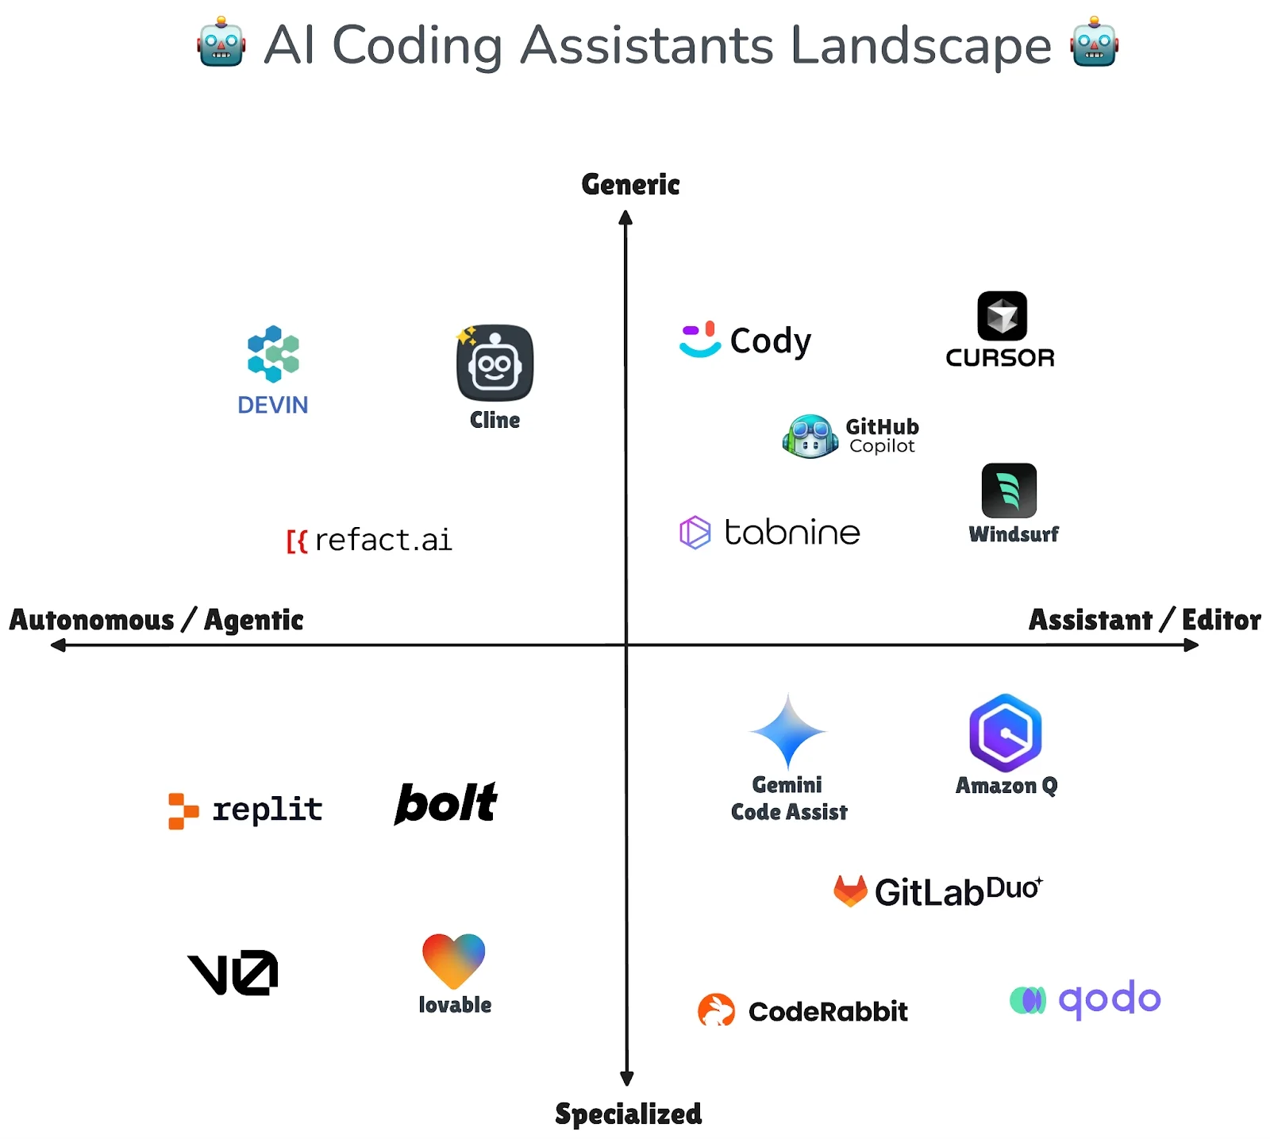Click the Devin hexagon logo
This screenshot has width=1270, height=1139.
point(273,353)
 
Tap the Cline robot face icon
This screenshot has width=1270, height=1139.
point(495,363)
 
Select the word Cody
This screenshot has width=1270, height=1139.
point(770,341)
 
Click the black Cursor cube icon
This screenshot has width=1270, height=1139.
point(1002,316)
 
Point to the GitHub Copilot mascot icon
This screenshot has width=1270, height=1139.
point(810,436)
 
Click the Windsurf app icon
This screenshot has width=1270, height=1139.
point(1009,491)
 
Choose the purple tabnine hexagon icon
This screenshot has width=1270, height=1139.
point(695,532)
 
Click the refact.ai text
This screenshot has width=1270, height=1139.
point(383,540)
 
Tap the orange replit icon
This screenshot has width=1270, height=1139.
point(183,811)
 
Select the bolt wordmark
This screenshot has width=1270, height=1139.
point(446,802)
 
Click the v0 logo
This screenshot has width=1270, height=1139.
point(233,972)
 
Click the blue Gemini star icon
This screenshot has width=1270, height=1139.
point(787,731)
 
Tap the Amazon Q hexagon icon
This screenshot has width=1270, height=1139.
point(1006,733)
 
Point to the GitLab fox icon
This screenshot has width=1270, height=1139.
point(850,891)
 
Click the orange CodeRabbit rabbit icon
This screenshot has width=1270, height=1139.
point(716,1010)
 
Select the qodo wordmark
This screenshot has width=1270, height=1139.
point(1110,999)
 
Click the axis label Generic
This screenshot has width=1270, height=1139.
point(631,184)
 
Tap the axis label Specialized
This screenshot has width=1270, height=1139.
point(629,1114)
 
